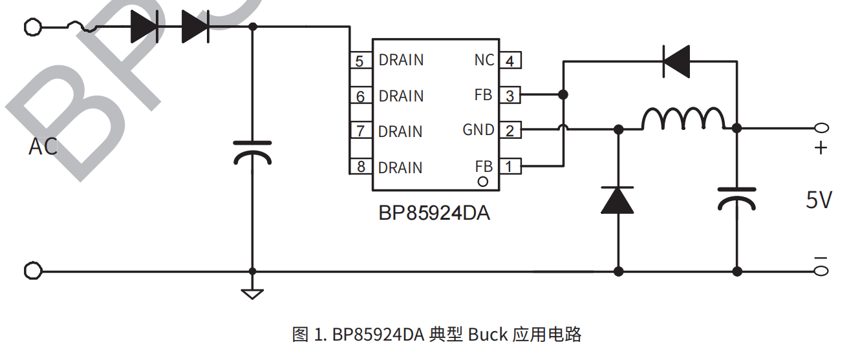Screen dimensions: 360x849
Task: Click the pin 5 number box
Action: pyautogui.click(x=360, y=61)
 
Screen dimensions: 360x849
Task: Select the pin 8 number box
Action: pyautogui.click(x=360, y=167)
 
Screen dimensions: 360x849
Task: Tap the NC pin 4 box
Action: pyautogui.click(x=510, y=61)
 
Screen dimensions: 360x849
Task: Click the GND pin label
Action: pyautogui.click(x=478, y=130)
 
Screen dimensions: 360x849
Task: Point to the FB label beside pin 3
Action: pyautogui.click(x=483, y=95)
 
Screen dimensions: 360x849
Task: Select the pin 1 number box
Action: pyautogui.click(x=510, y=167)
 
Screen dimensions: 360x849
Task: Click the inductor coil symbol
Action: pyautogui.click(x=683, y=120)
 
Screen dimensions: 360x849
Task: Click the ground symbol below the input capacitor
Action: pyautogui.click(x=252, y=293)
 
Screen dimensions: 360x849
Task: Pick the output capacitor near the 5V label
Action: pyautogui.click(x=736, y=198)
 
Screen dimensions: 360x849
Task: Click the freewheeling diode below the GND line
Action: pyautogui.click(x=618, y=200)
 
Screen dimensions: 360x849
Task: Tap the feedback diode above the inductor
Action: pyautogui.click(x=676, y=61)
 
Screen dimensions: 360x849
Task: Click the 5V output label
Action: pyautogui.click(x=819, y=200)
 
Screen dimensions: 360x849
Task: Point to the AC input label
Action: pyautogui.click(x=43, y=147)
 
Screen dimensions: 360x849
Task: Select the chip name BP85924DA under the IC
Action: pyautogui.click(x=434, y=213)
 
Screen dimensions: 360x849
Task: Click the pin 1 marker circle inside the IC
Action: pyautogui.click(x=482, y=182)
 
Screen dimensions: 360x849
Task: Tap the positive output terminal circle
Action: pyautogui.click(x=821, y=128)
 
